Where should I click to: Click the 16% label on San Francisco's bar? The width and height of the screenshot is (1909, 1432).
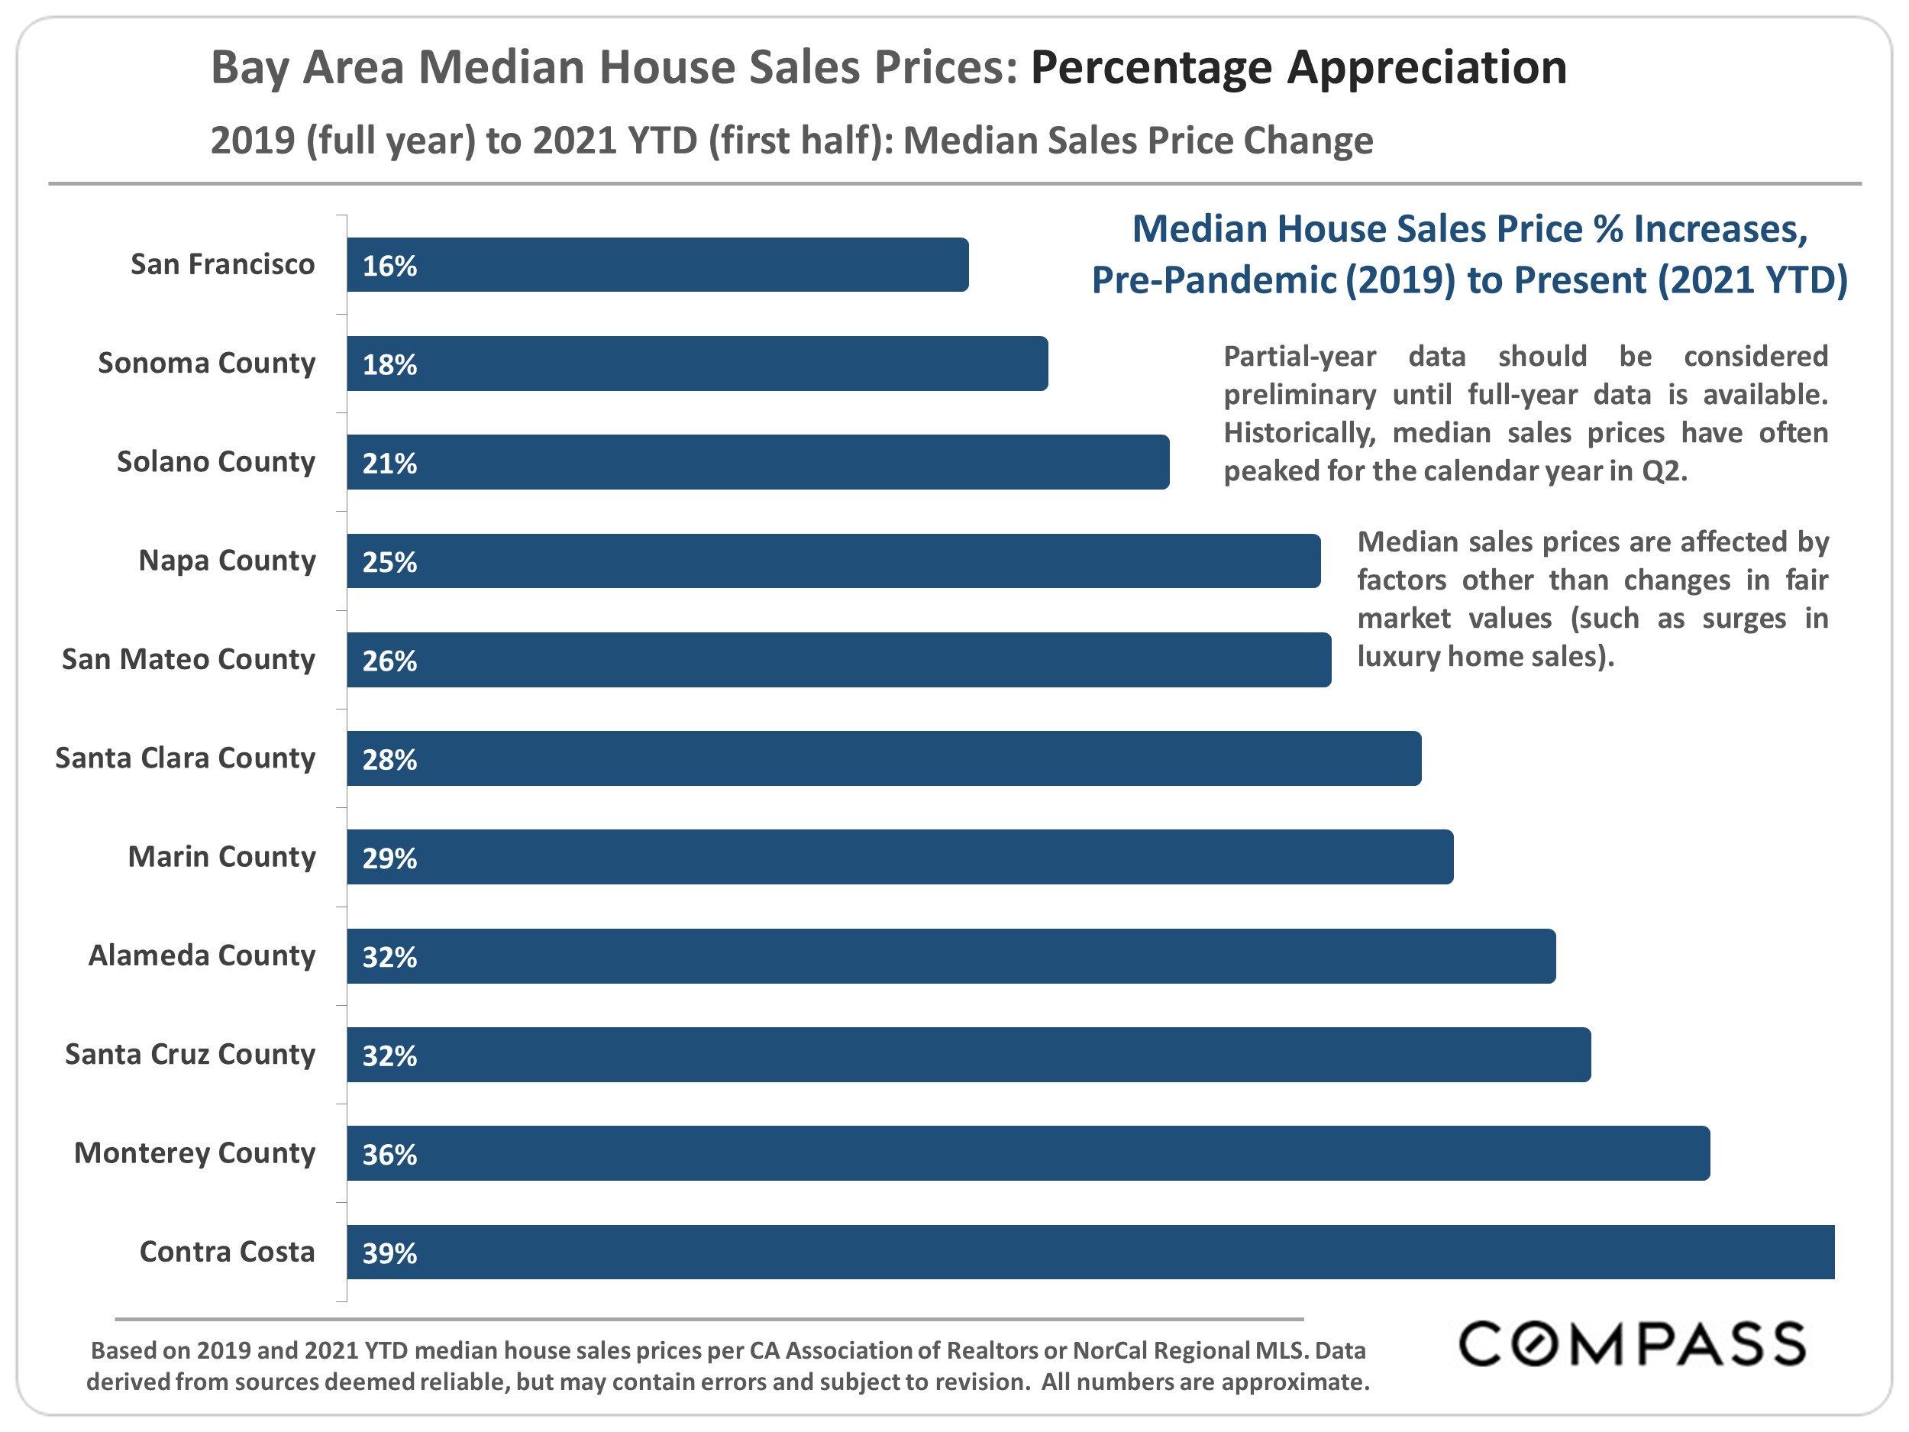click(x=389, y=266)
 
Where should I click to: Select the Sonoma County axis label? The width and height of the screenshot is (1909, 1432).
click(x=206, y=363)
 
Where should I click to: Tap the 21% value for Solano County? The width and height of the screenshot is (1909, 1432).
click(x=389, y=464)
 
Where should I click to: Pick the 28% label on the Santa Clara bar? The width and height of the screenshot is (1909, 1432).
click(x=389, y=760)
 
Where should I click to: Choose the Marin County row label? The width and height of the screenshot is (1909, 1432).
click(x=221, y=856)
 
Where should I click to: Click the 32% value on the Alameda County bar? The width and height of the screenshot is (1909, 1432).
click(x=389, y=957)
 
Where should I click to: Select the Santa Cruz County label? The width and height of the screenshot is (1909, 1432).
click(x=190, y=1054)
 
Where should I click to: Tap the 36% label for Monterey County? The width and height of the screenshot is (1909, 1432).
click(x=389, y=1155)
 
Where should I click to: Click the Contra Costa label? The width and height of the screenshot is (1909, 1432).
click(x=227, y=1252)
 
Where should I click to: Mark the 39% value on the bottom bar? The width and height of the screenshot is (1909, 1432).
click(x=389, y=1253)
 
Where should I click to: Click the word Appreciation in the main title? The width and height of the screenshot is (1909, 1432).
click(x=1298, y=67)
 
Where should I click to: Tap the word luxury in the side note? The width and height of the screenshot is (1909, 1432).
click(x=1397, y=657)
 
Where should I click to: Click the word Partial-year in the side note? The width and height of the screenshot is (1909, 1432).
click(x=1299, y=357)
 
